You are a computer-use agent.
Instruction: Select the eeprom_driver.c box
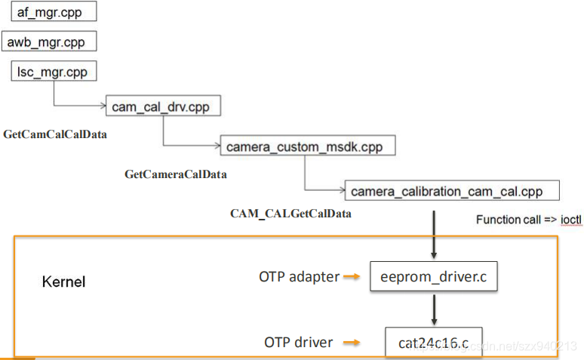click(434, 278)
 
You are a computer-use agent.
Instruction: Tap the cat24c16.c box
click(433, 343)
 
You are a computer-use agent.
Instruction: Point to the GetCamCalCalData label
click(55, 135)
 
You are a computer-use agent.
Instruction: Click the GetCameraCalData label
click(176, 174)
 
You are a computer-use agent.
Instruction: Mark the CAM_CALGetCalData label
click(290, 214)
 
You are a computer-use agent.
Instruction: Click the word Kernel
click(63, 282)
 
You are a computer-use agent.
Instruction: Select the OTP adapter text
click(299, 277)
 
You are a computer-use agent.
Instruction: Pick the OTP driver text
click(298, 343)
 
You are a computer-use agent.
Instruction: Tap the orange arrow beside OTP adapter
click(351, 277)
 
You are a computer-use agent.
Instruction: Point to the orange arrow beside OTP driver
click(351, 343)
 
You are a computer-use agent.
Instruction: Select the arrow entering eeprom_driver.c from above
click(434, 234)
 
